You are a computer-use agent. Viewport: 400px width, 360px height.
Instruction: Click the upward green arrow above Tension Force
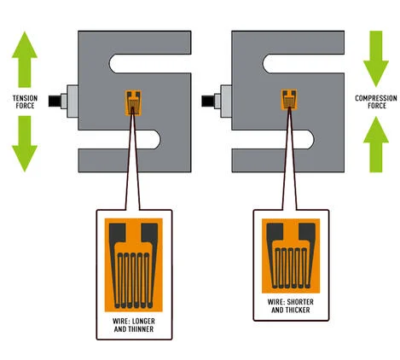click(x=25, y=59)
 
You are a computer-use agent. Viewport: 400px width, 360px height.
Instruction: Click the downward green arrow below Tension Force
click(x=25, y=143)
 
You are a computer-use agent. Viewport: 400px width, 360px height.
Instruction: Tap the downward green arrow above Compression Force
click(x=376, y=59)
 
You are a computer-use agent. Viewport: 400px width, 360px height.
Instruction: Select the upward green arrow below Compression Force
click(x=376, y=144)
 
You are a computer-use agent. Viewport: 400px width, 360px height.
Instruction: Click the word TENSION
click(x=25, y=98)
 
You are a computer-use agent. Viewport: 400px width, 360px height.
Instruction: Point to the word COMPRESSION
click(x=376, y=98)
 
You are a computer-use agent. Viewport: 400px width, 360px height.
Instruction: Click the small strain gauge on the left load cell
click(x=133, y=103)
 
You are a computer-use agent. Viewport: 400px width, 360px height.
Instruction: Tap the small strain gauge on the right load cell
click(x=289, y=100)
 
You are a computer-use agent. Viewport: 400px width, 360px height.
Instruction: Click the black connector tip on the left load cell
click(x=55, y=102)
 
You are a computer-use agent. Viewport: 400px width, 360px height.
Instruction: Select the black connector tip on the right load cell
click(x=208, y=102)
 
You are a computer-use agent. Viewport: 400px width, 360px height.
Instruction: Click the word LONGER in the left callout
click(x=143, y=322)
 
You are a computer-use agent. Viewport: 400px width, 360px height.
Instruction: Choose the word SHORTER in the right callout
click(x=300, y=302)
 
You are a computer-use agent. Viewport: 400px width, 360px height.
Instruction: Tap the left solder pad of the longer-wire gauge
click(x=117, y=232)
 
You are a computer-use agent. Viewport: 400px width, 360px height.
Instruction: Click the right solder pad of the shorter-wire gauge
click(x=307, y=231)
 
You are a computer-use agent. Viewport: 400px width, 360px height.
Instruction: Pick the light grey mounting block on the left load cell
click(x=72, y=102)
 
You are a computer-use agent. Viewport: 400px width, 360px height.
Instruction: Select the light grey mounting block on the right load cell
click(x=226, y=102)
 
